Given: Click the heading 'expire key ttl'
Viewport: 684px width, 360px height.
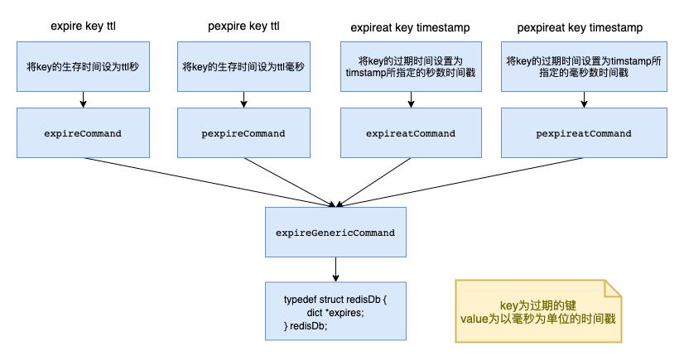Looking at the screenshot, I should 83,27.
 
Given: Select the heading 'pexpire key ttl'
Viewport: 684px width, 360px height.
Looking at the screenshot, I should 243,27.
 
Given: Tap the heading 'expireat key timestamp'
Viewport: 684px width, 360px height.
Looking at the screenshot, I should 411,27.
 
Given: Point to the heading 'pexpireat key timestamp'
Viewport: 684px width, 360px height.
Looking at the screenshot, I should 584,27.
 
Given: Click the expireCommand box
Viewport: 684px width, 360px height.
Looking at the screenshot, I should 83,133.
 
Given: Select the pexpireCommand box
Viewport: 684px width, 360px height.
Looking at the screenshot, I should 243,133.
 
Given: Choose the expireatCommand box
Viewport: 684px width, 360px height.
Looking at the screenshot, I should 411,133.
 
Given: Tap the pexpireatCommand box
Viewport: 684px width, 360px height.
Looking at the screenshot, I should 584,133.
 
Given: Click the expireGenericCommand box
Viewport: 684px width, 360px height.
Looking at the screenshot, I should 335,233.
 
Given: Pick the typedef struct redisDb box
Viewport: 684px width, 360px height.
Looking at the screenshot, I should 335,311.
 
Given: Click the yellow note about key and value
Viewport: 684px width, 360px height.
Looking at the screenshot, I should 537,311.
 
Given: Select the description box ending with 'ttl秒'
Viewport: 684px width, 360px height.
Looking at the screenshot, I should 83,65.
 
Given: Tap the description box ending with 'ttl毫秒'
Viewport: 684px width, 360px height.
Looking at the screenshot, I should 243,65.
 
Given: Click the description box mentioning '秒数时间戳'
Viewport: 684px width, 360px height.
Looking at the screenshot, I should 411,65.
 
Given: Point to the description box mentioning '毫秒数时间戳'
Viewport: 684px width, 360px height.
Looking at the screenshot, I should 584,65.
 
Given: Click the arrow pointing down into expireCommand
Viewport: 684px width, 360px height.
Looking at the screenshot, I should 83,99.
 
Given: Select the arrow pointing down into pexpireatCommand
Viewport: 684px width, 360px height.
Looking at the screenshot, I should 584,99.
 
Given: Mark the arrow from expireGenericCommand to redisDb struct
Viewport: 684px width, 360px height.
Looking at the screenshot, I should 335,270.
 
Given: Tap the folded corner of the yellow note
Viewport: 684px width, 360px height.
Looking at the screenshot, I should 613,288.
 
